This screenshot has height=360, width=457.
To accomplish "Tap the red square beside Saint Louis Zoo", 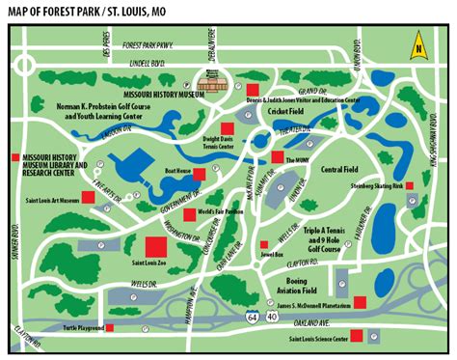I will (156, 245).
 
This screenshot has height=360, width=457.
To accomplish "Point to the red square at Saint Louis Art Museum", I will (87, 197).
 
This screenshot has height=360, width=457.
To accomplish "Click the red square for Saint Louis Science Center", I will (356, 336).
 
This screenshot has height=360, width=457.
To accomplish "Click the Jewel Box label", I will (278, 258).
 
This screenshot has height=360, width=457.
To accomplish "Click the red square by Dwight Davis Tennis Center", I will (228, 128).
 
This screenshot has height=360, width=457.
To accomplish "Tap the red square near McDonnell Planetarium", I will (359, 302).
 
